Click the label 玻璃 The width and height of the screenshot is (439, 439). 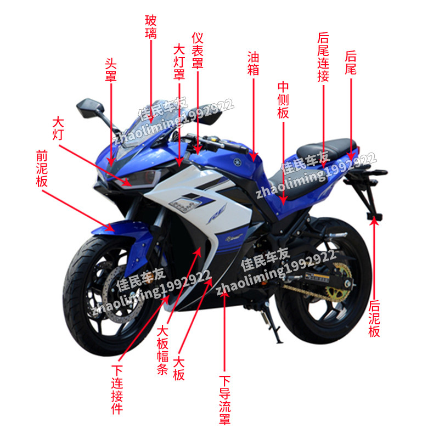(x=151, y=27)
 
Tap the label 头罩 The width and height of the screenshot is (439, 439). (x=111, y=69)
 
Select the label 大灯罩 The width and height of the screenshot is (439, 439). (x=179, y=62)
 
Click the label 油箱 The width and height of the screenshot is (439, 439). (x=253, y=63)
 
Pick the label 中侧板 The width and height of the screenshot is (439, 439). (x=283, y=100)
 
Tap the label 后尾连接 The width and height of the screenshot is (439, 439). (x=323, y=57)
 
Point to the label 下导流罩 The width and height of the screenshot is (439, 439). (x=224, y=400)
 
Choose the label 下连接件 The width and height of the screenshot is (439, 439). (x=117, y=390)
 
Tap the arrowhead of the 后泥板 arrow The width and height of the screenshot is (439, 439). (x=375, y=219)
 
